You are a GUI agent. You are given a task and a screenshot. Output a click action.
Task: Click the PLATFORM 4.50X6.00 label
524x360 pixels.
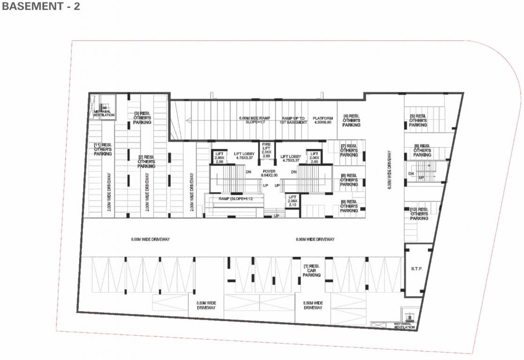point(322,120)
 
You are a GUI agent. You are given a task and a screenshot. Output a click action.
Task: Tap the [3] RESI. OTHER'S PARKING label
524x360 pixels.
point(143,118)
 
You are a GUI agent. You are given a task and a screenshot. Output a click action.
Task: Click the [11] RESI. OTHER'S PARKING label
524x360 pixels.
point(103,150)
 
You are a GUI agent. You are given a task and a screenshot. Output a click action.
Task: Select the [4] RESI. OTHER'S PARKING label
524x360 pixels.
point(351,120)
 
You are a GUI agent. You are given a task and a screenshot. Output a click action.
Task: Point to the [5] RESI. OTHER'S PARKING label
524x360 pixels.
point(418,120)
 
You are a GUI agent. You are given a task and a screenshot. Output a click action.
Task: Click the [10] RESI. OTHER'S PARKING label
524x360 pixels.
point(419,214)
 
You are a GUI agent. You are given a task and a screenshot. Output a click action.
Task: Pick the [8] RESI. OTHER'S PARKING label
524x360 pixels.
point(349,180)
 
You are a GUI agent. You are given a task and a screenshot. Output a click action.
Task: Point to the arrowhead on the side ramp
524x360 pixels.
point(188,120)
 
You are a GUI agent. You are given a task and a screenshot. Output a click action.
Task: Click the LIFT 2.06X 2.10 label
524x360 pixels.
point(292,201)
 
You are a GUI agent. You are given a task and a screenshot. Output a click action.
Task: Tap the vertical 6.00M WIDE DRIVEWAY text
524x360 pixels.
point(389,170)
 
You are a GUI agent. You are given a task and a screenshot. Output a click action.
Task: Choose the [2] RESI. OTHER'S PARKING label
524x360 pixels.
point(146,162)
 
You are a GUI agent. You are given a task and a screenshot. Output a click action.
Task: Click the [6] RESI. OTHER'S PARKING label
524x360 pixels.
point(422,150)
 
